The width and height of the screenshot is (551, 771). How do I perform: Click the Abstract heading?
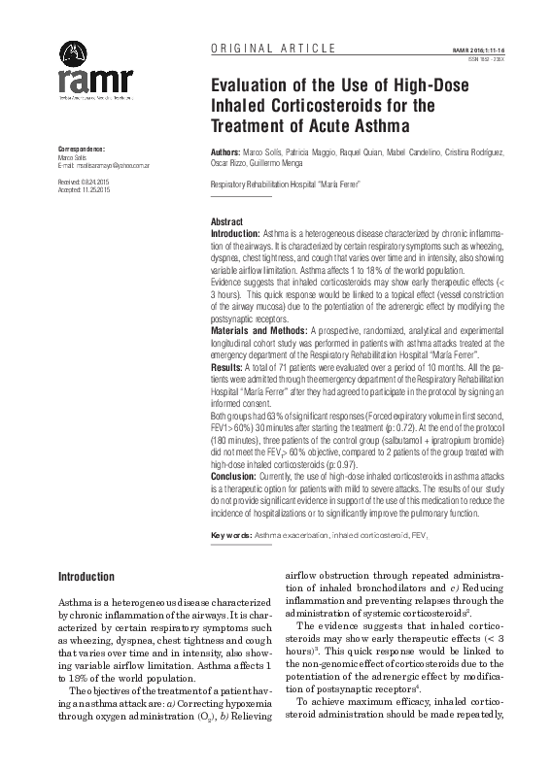(x=226, y=222)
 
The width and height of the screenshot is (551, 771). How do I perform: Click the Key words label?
(x=231, y=535)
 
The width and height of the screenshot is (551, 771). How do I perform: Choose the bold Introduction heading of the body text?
(x=86, y=577)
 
